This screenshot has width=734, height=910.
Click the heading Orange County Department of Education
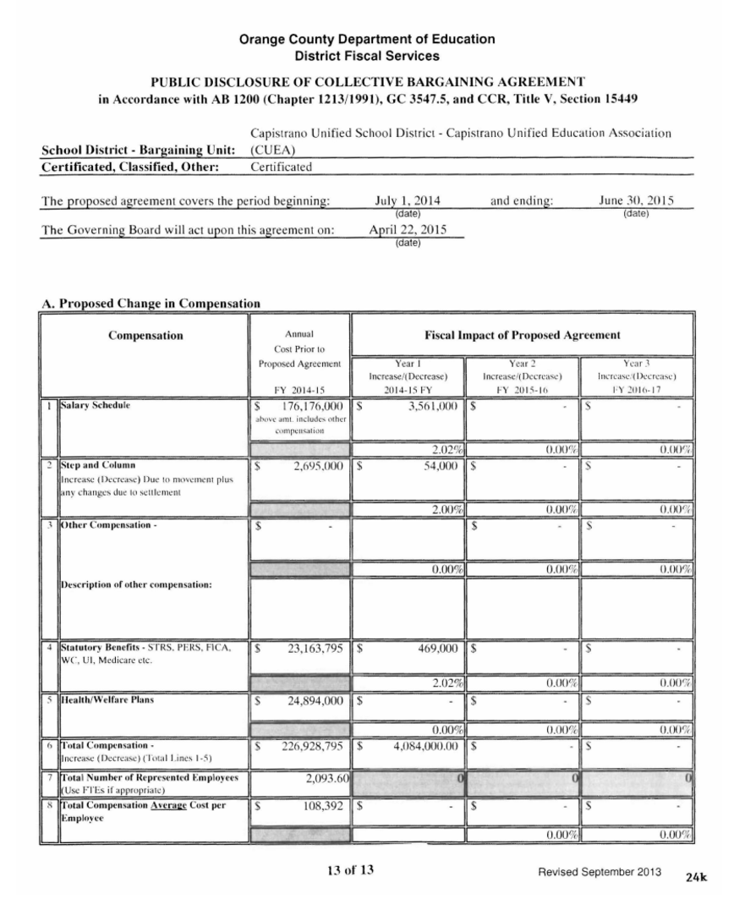coord(367,39)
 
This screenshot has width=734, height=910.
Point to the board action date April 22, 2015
coord(408,230)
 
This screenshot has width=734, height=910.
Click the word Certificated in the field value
coord(282,167)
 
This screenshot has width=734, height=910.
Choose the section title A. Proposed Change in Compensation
coord(150,303)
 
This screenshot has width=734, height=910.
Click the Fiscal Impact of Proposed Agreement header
coord(522,335)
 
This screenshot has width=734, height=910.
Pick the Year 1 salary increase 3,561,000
coord(428,406)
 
